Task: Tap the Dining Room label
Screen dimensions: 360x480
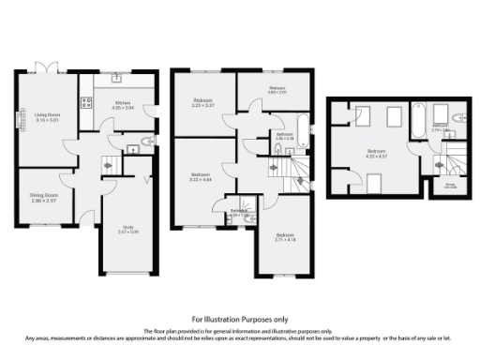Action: pos(44,199)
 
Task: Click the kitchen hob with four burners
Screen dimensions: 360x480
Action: pos(85,105)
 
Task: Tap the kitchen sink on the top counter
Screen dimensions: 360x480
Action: pos(116,79)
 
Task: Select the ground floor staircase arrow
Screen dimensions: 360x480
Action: pos(108,165)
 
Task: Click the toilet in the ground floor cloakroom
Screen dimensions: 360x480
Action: pos(142,142)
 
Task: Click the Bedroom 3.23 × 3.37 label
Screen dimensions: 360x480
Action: pos(203,102)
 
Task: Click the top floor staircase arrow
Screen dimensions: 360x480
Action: pos(437,166)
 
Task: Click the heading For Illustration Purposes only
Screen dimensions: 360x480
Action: pos(239,319)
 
